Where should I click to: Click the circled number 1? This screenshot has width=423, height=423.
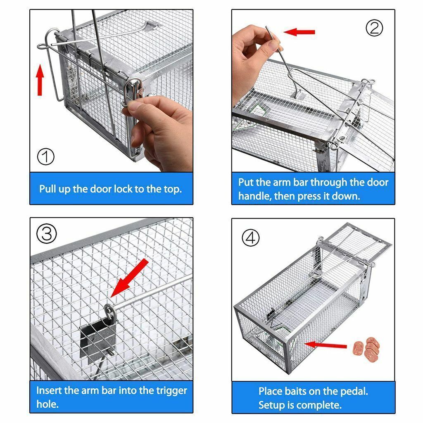[x=45, y=157]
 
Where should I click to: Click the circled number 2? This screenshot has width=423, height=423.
[x=375, y=28]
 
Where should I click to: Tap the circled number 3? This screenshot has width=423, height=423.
[x=46, y=234]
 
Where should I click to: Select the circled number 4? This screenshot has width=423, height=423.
[x=250, y=238]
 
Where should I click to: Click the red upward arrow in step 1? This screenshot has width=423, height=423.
[x=40, y=80]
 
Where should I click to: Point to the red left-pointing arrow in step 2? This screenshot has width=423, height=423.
[x=299, y=32]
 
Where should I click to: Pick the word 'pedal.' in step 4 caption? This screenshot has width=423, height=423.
[x=353, y=391]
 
